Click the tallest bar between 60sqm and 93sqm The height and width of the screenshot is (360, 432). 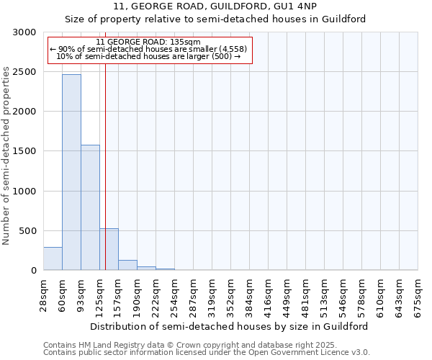[x=71, y=172]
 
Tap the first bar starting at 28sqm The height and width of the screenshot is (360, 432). [x=53, y=258]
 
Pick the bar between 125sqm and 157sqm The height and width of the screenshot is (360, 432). [x=109, y=249]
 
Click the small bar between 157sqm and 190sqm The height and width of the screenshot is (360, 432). [x=127, y=265]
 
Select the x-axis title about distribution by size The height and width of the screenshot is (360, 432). [x=230, y=326]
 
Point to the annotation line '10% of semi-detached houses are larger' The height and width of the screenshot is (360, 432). [x=148, y=56]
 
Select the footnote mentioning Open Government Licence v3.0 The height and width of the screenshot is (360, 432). [x=207, y=352]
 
